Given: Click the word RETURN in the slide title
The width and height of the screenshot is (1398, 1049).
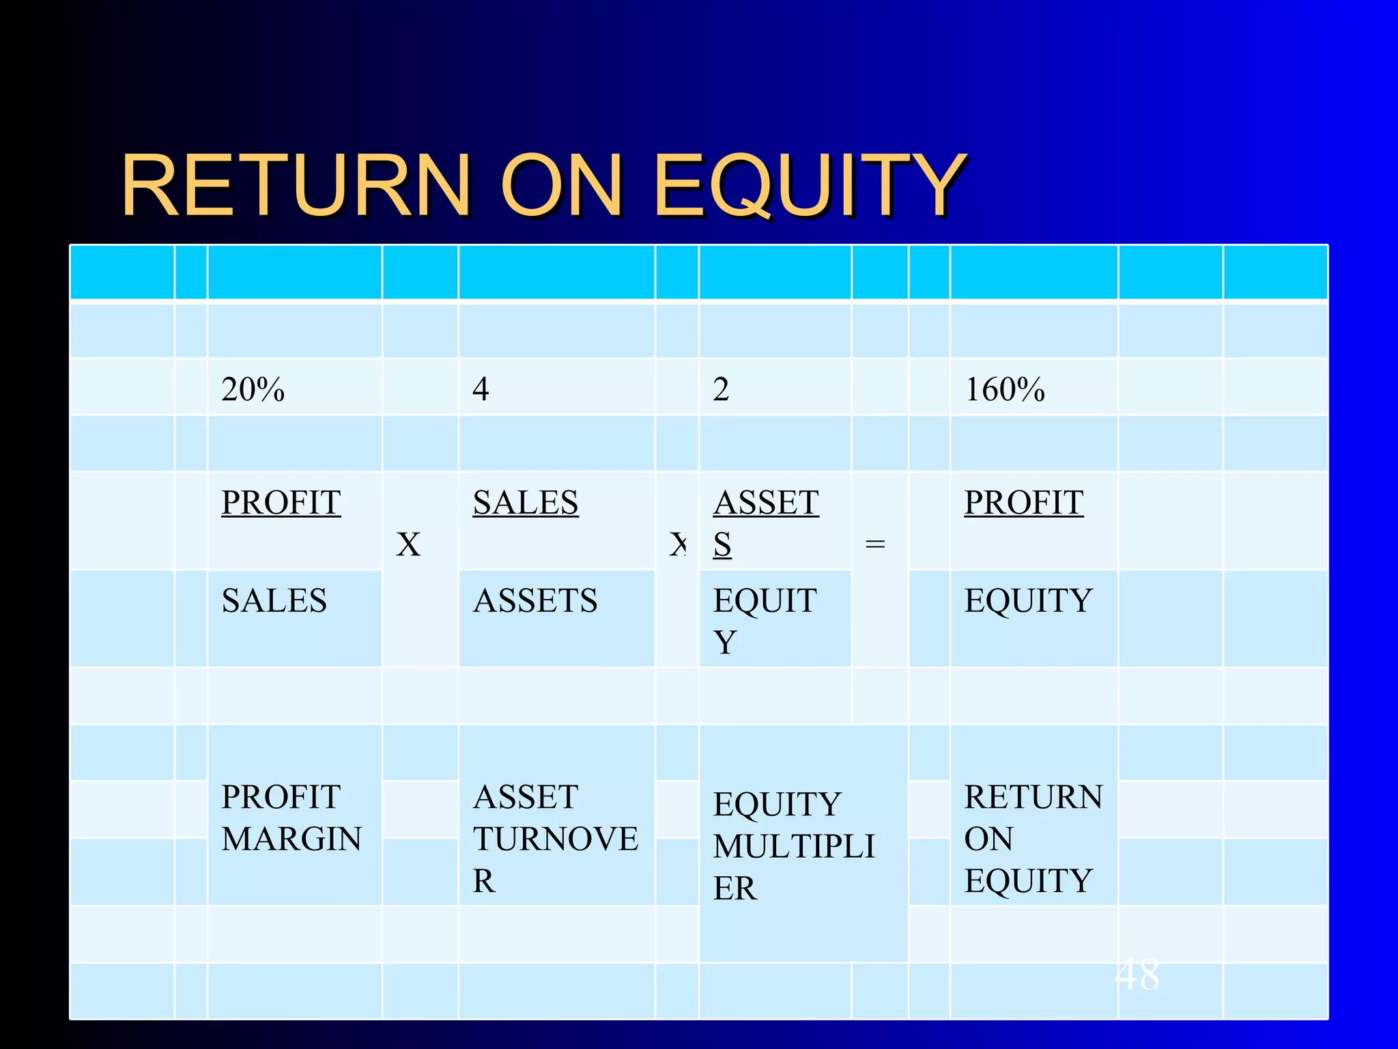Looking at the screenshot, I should [296, 186].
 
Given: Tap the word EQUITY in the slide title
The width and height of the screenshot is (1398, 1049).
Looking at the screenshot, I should [810, 186].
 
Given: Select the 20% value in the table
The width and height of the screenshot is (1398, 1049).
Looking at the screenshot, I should [253, 390].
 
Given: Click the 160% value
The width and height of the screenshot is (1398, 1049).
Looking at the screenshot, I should [1004, 390].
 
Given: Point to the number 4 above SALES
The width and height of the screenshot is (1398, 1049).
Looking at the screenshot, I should [481, 390].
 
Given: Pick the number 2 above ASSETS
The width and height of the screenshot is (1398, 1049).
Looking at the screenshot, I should [721, 390].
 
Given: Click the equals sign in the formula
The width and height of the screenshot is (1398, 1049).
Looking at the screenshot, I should [874, 544].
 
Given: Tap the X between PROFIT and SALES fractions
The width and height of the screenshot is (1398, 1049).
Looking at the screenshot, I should [408, 545].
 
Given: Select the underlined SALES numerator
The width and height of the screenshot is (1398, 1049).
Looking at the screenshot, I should [525, 503].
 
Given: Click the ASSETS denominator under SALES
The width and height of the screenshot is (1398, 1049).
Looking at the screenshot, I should [534, 602].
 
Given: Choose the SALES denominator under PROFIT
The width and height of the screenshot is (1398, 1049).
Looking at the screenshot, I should [274, 602].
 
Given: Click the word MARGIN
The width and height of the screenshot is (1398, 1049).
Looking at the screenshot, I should [291, 839].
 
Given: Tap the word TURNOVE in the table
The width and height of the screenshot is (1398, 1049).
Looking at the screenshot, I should [556, 839].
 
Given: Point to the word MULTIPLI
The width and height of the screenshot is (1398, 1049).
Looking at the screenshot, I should [793, 847].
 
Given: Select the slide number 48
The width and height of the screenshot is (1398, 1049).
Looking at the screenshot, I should [1137, 975].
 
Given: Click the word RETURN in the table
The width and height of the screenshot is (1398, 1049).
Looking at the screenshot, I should [1033, 798].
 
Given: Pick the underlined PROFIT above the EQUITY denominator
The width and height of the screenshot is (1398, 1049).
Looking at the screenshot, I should [1023, 503].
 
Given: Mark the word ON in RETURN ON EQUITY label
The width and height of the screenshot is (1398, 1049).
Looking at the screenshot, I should [988, 839].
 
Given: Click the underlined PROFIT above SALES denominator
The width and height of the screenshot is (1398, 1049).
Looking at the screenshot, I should [281, 503].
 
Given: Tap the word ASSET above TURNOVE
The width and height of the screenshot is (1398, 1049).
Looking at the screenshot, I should [525, 798].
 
